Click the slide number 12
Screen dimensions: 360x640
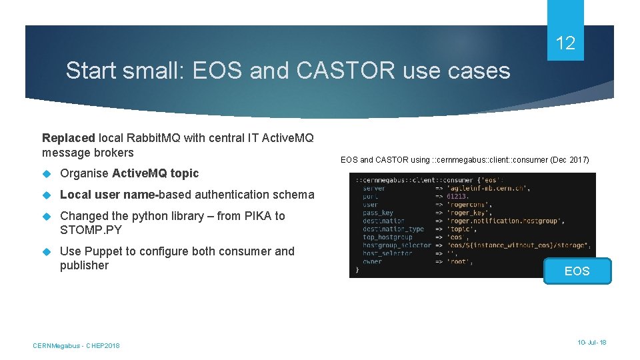pos(565,44)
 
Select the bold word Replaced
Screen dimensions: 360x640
pos(69,138)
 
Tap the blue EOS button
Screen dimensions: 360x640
pos(577,271)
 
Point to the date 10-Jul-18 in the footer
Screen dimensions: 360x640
pos(592,342)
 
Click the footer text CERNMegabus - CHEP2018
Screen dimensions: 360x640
pos(76,345)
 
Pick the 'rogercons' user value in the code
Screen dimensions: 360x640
pos(467,205)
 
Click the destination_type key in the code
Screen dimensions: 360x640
pos(393,229)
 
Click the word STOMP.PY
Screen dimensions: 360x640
pos(91,230)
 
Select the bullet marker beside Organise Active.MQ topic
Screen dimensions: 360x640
pos(47,173)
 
